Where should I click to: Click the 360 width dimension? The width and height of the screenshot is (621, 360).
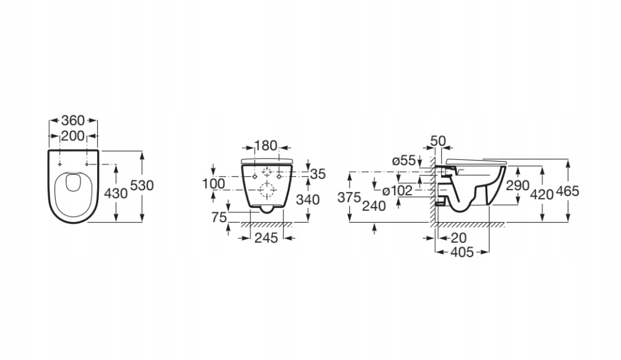pyautogui.click(x=73, y=121)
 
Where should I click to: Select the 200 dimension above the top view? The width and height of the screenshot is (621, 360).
pyautogui.click(x=73, y=136)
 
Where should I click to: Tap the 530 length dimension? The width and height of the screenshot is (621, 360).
pyautogui.click(x=142, y=185)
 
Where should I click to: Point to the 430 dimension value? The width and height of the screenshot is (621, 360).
pyautogui.click(x=115, y=193)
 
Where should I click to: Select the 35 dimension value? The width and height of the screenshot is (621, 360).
pyautogui.click(x=318, y=174)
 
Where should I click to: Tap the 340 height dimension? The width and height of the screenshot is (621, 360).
pyautogui.click(x=308, y=200)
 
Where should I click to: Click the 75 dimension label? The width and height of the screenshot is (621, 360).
pyautogui.click(x=220, y=217)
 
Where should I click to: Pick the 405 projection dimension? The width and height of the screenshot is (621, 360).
pyautogui.click(x=462, y=253)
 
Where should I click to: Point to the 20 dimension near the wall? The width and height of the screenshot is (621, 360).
pyautogui.click(x=458, y=238)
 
